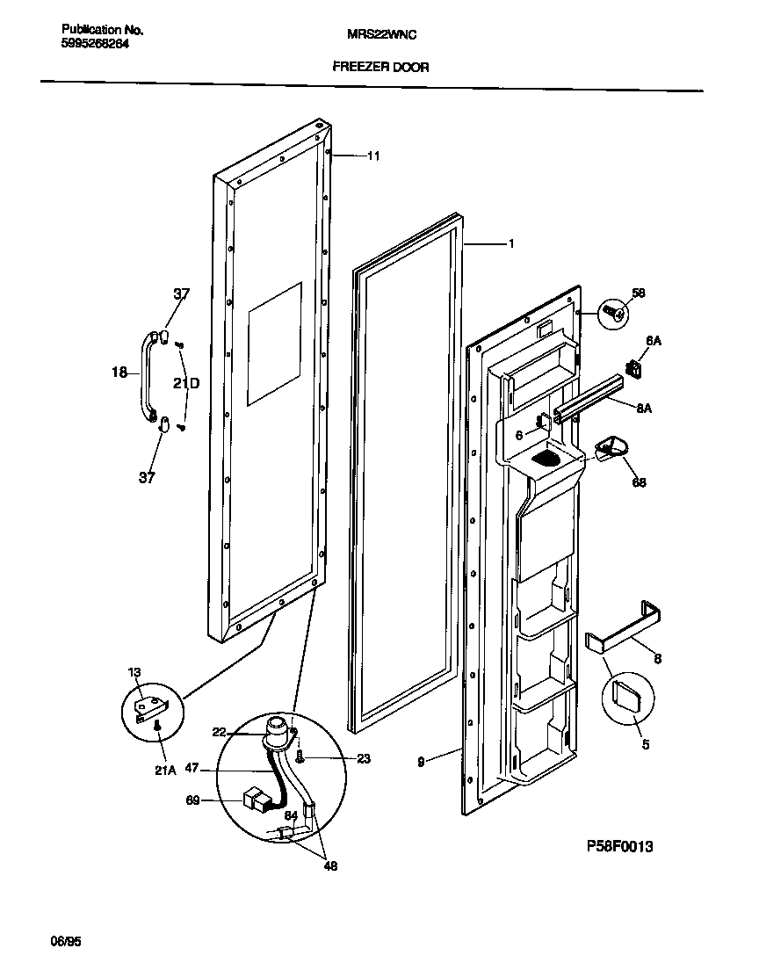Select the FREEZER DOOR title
(380, 67)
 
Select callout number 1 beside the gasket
(511, 244)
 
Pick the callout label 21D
(185, 383)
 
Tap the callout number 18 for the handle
(119, 373)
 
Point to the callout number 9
(422, 762)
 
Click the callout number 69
(193, 800)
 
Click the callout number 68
(640, 482)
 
